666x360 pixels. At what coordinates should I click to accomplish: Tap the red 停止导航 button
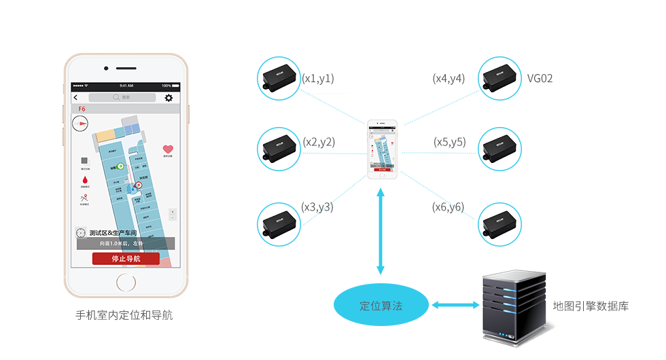click(126, 258)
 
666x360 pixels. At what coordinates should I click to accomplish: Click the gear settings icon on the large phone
click(169, 98)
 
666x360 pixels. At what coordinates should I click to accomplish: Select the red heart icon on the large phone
click(168, 149)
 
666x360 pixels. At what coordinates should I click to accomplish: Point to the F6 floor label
click(82, 109)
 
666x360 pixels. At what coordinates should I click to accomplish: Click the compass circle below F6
click(80, 123)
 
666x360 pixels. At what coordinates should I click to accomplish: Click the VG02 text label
click(540, 78)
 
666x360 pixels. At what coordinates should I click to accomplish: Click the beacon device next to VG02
click(500, 78)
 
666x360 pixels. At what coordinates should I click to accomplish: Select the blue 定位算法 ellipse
click(381, 306)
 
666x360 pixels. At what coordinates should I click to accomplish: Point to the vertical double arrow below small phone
click(381, 231)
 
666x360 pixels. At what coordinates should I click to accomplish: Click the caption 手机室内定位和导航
click(124, 315)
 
